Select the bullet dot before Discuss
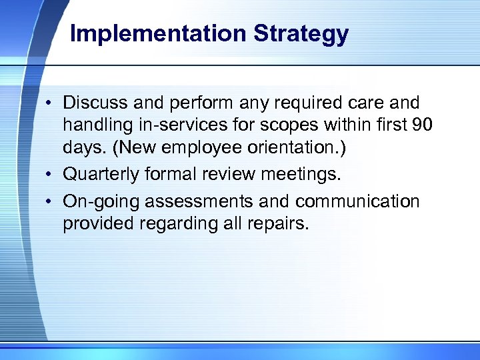(x=50, y=104)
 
